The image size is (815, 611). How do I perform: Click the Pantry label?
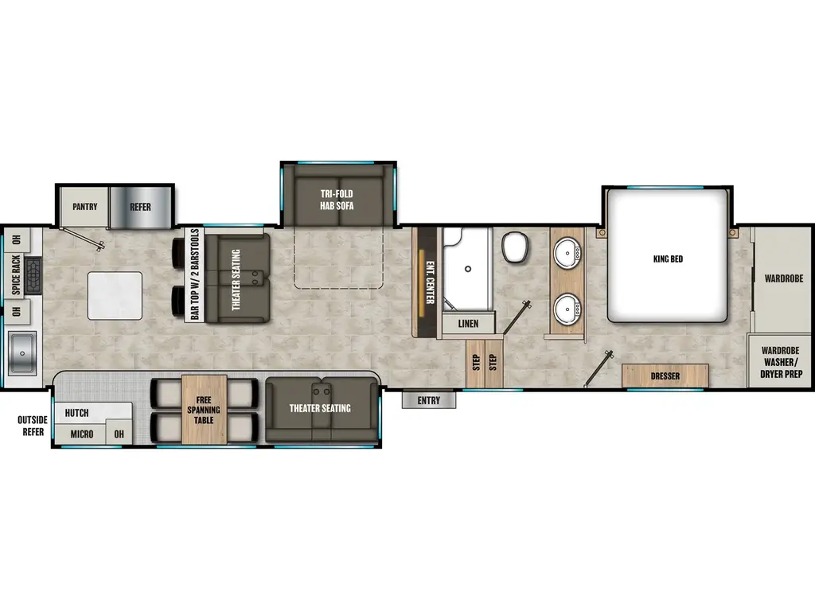coord(84,207)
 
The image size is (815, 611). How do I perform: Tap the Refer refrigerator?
coord(141,207)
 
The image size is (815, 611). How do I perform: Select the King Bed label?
coord(667,259)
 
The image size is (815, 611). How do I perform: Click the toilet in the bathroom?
coord(513,247)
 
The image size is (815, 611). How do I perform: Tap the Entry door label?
coord(428,400)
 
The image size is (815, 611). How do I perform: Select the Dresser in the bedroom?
coord(665,376)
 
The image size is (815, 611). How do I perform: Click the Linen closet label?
coord(468,324)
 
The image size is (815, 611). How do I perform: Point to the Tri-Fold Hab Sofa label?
coord(337,200)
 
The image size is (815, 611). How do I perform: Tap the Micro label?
coord(81,434)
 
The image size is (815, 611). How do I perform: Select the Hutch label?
coord(77,413)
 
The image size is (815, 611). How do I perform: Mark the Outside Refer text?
coord(32,426)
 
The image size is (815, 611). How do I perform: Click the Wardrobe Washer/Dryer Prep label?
coord(781,362)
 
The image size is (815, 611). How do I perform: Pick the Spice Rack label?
coord(16,275)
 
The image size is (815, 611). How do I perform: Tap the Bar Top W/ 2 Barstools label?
coord(195,274)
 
